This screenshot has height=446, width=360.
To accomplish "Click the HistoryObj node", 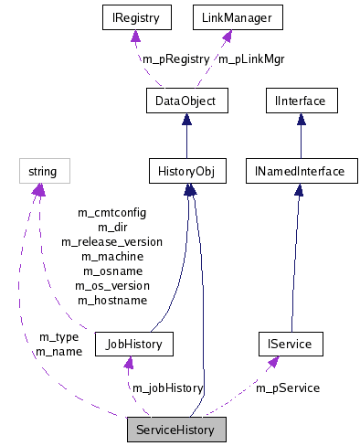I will [186, 171].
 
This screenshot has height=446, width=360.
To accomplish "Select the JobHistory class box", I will [133, 345].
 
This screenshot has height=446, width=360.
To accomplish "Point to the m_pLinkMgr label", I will [251, 59].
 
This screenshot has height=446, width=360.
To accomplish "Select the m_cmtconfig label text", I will [111, 213].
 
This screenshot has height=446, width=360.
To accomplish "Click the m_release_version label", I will [111, 242].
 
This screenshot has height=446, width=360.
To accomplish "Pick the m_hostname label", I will [111, 300].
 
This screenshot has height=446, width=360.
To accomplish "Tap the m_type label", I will [58, 337].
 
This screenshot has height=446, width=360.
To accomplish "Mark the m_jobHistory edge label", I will [167, 388].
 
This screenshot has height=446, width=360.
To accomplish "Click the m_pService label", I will [288, 388].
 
